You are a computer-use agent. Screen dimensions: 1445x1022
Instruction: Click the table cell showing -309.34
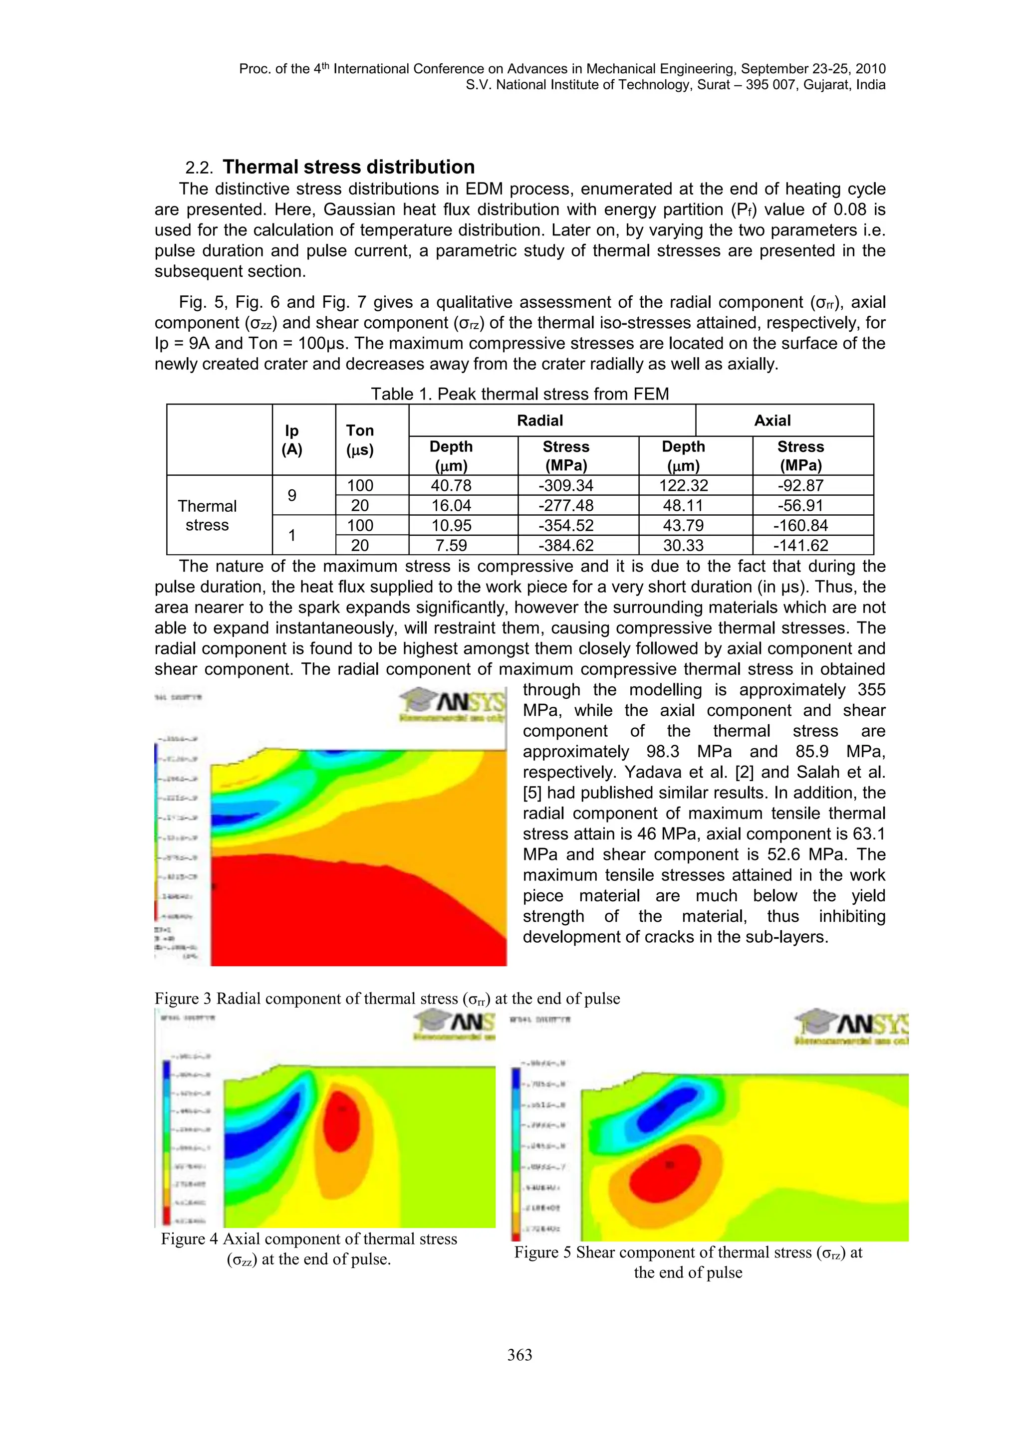pyautogui.click(x=566, y=485)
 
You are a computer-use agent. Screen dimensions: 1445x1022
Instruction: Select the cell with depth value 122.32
pyautogui.click(x=684, y=485)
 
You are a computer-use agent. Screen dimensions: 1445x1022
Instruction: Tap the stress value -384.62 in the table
pyautogui.click(x=566, y=545)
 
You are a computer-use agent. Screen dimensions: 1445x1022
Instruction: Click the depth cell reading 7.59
pyautogui.click(x=451, y=545)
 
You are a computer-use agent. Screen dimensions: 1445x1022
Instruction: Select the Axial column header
pyautogui.click(x=772, y=420)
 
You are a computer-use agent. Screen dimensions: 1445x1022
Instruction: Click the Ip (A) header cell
pyautogui.click(x=291, y=439)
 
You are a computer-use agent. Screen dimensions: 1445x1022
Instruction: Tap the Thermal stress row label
pyautogui.click(x=207, y=515)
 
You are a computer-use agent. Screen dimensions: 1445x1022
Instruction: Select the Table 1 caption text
pyautogui.click(x=519, y=394)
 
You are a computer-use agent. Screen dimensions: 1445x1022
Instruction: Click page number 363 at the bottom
pyautogui.click(x=519, y=1354)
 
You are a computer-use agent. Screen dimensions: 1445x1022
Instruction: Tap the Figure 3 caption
pyautogui.click(x=387, y=998)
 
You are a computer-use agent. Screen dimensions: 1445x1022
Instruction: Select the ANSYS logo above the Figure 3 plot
pyautogui.click(x=452, y=704)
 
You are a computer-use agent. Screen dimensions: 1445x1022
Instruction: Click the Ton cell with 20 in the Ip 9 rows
pyautogui.click(x=360, y=505)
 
